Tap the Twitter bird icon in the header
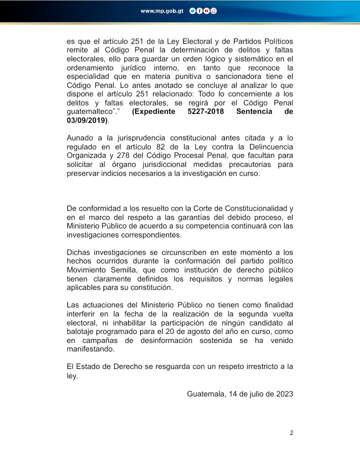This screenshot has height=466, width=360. click(x=192, y=11)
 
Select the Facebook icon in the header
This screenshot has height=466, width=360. click(x=199, y=11)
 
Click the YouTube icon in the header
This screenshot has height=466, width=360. click(x=206, y=11)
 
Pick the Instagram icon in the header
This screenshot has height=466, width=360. click(x=213, y=11)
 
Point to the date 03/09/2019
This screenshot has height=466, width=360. click(x=86, y=120)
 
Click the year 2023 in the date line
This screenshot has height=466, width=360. click(x=283, y=393)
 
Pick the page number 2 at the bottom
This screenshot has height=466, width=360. click(x=291, y=433)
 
